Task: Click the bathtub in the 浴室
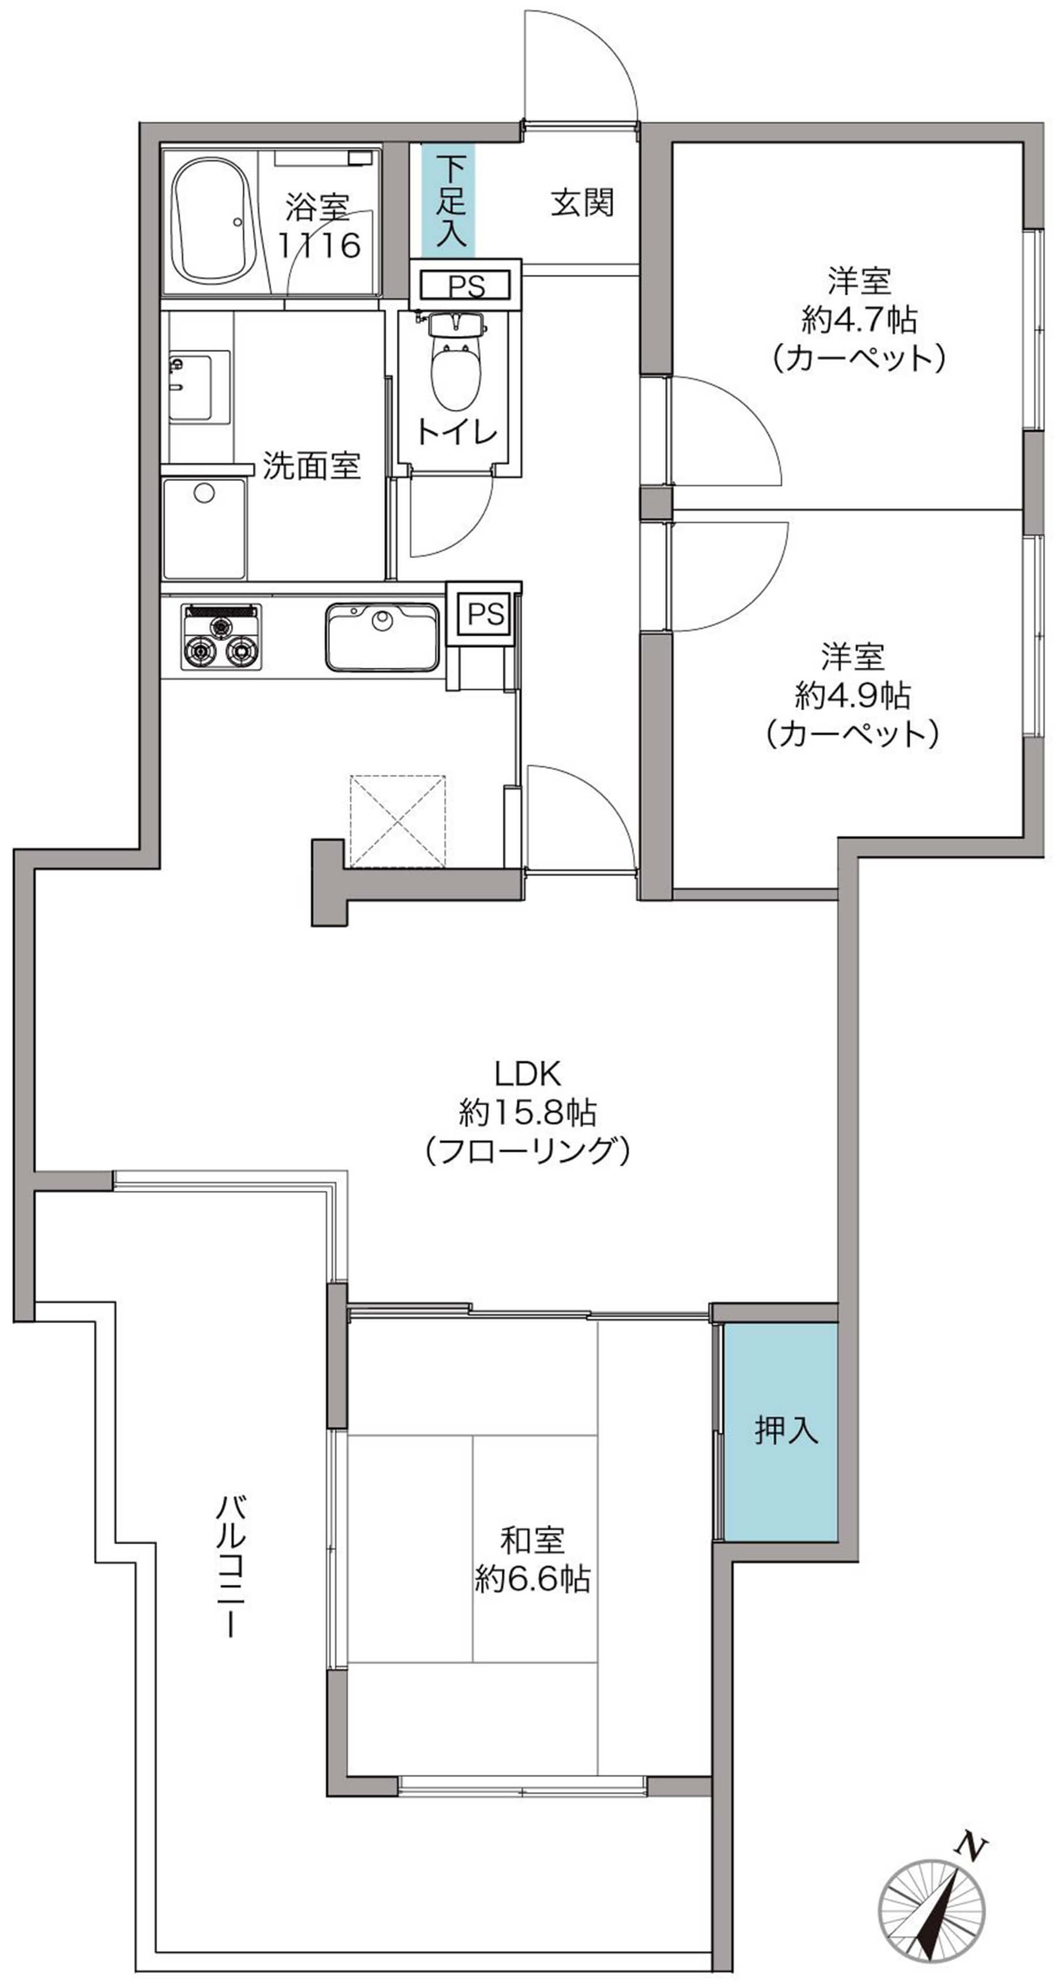[212, 222]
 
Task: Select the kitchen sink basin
[382, 637]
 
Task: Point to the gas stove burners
[221, 637]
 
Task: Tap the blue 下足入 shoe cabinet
[447, 200]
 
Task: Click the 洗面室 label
[312, 465]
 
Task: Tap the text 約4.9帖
[852, 695]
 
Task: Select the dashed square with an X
[398, 821]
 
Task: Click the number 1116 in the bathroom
[320, 245]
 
